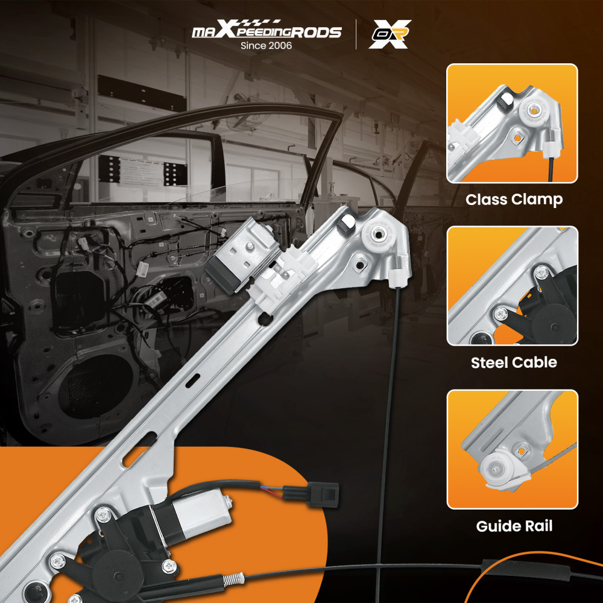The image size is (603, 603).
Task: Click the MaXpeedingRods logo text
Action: pyautogui.click(x=267, y=29)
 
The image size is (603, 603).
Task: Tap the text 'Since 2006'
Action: pyautogui.click(x=266, y=45)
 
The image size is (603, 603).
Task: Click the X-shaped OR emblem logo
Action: pyautogui.click(x=390, y=34)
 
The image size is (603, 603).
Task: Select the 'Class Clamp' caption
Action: pyautogui.click(x=514, y=200)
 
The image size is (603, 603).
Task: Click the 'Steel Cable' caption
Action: pyautogui.click(x=514, y=362)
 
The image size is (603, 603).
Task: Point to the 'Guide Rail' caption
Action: pyautogui.click(x=514, y=526)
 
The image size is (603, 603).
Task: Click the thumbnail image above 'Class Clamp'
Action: pyautogui.click(x=512, y=124)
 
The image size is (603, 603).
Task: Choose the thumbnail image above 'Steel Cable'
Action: pyautogui.click(x=512, y=286)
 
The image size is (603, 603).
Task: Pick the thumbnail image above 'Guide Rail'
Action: pyautogui.click(x=512, y=450)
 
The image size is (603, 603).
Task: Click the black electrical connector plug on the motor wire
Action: pyautogui.click(x=323, y=494)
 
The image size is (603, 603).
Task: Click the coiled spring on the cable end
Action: pyautogui.click(x=233, y=578)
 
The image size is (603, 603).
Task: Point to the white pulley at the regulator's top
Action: pyautogui.click(x=378, y=234)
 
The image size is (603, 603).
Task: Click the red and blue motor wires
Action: pyautogui.click(x=271, y=491)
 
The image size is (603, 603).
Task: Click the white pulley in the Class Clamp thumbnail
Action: pyautogui.click(x=534, y=111)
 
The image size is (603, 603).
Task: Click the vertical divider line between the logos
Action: pyautogui.click(x=356, y=34)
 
